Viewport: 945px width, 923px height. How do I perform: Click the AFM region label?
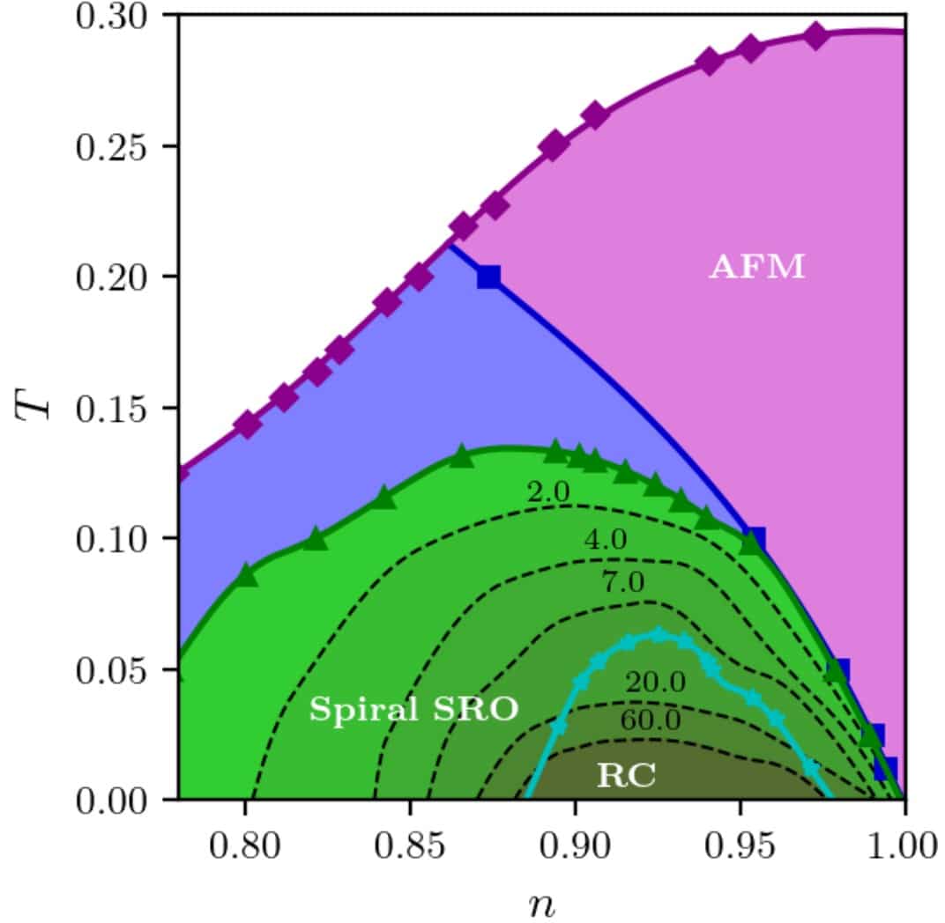(757, 267)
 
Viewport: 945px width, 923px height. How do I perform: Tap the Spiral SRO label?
(413, 710)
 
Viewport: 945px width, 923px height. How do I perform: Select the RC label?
(626, 775)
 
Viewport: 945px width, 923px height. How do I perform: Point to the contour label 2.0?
(548, 493)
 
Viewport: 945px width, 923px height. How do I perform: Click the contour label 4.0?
(606, 540)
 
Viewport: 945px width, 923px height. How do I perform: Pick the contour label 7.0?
(623, 581)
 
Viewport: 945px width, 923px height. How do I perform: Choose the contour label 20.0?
(654, 682)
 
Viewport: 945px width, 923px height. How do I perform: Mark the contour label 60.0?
(650, 720)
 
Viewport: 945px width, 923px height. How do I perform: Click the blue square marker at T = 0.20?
(488, 277)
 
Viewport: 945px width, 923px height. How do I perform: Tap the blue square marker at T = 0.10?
(755, 538)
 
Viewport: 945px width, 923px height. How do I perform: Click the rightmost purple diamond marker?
(816, 36)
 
